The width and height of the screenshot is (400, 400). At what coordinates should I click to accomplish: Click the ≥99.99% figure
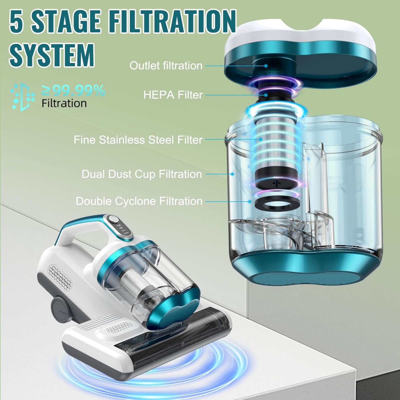(x=73, y=91)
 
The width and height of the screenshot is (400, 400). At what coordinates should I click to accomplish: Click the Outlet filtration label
(x=166, y=66)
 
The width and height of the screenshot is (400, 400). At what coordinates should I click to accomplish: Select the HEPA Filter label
(x=173, y=95)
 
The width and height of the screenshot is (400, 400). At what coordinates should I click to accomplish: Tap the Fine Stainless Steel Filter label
(x=138, y=140)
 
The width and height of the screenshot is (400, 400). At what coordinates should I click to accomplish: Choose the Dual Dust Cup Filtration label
(x=142, y=174)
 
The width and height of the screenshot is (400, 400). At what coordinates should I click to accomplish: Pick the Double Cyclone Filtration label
(x=139, y=201)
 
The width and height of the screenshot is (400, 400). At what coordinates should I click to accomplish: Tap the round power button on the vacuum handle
(x=114, y=219)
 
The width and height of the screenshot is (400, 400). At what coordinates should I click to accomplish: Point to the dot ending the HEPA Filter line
(x=266, y=95)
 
